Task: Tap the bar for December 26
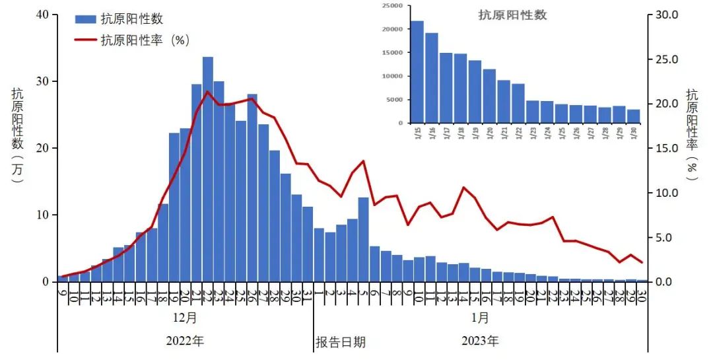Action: click(252, 188)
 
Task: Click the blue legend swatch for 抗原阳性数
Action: click(85, 19)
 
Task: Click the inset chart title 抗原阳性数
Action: click(512, 15)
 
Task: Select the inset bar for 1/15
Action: click(417, 72)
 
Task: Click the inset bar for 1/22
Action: click(518, 103)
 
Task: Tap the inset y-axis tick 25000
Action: click(392, 5)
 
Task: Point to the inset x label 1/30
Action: click(634, 133)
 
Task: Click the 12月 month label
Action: click(186, 318)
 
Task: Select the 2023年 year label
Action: click(481, 342)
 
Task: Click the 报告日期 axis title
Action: click(341, 342)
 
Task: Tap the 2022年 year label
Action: click(186, 342)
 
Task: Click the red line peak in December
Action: click(208, 92)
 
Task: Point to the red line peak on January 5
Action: click(364, 161)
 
